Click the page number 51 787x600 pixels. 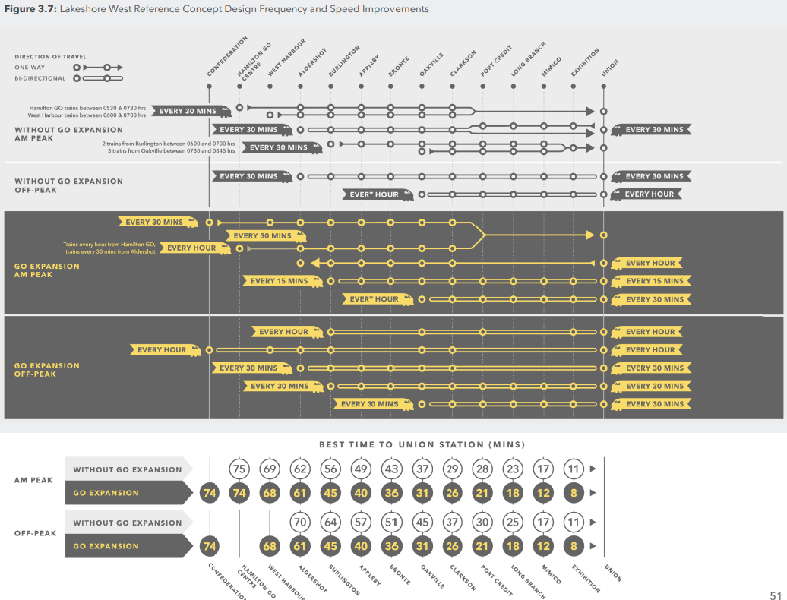[x=776, y=595]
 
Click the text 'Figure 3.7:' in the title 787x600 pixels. [x=30, y=9]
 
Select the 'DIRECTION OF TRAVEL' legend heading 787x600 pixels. [x=50, y=57]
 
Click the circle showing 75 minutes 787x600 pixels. [x=239, y=469]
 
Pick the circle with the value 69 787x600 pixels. [x=270, y=469]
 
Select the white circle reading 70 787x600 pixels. [x=300, y=523]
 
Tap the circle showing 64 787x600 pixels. [x=330, y=523]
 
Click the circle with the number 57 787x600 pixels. [x=361, y=523]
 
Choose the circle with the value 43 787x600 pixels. [x=391, y=469]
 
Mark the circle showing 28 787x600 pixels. [x=482, y=469]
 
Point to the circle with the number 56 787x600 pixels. [x=330, y=469]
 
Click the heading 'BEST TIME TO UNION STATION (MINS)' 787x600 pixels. [x=422, y=444]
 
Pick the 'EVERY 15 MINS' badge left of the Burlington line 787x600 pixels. [x=280, y=281]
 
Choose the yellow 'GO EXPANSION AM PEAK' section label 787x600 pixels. [x=46, y=270]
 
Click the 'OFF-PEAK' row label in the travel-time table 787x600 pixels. [x=35, y=533]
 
